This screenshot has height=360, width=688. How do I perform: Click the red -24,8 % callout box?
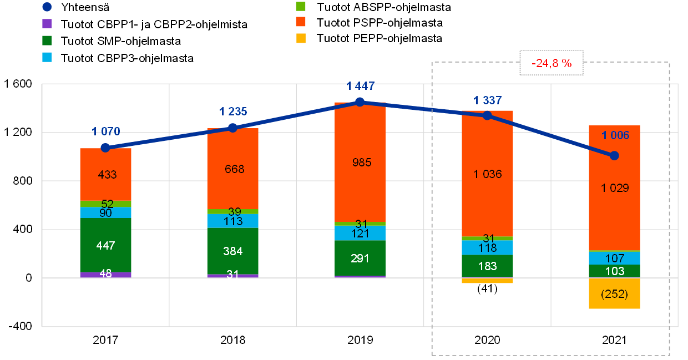[552, 63]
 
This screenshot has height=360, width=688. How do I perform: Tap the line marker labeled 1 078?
[105, 148]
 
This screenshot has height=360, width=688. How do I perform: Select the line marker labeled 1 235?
[233, 128]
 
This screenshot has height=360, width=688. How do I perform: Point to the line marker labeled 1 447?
[360, 102]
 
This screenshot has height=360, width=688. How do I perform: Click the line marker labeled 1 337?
[487, 115]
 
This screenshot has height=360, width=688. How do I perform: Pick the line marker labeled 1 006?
[614, 156]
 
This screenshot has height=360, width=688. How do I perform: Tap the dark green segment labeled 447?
[105, 245]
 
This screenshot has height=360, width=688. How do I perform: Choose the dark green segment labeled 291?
[360, 258]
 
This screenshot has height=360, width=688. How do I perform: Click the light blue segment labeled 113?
[233, 221]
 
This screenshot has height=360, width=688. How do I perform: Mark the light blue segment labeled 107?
[614, 258]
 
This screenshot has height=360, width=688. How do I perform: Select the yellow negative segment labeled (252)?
[614, 293]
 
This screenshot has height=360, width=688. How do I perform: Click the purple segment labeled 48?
[105, 275]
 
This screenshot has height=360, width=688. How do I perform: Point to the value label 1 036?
[487, 174]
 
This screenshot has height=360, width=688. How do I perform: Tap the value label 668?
[234, 169]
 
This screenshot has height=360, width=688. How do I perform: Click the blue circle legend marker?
[47, 7]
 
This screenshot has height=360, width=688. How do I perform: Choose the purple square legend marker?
[47, 24]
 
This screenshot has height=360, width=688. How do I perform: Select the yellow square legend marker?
[301, 38]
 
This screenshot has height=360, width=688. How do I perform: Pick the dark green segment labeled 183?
[487, 266]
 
